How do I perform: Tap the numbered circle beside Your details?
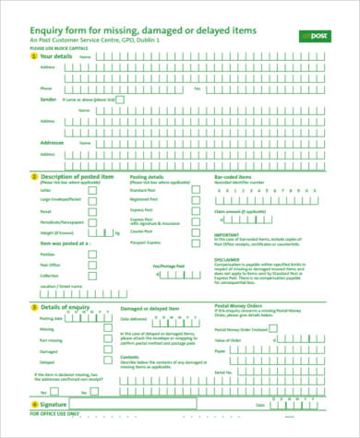click(x=34, y=57)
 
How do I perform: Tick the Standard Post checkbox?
click(x=195, y=189)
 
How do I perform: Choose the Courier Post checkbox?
click(x=195, y=222)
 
